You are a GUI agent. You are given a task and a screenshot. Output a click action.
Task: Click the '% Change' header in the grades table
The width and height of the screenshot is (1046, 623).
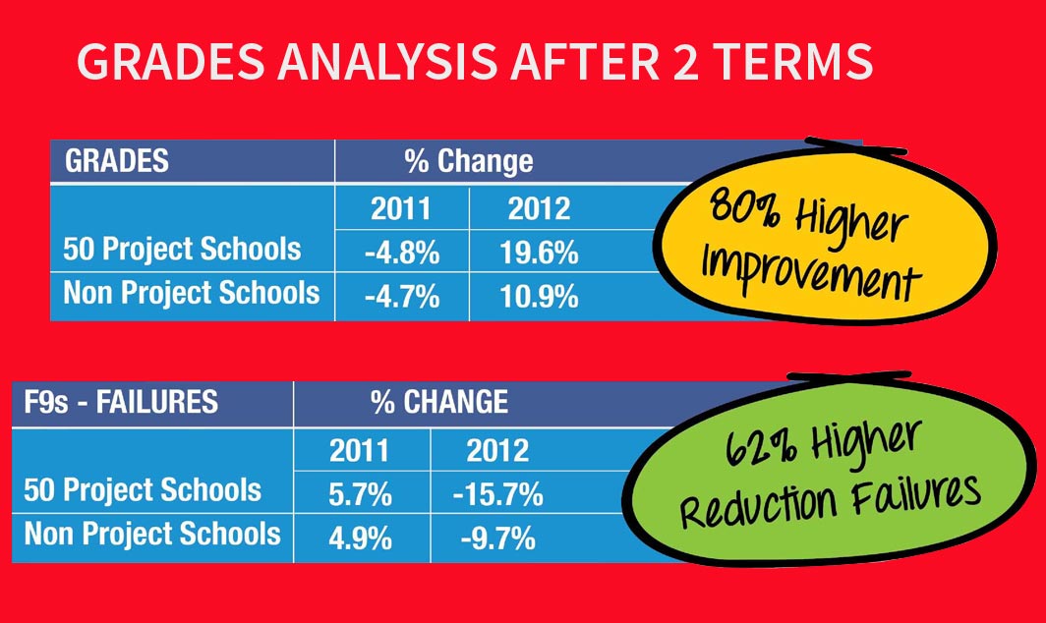(468, 161)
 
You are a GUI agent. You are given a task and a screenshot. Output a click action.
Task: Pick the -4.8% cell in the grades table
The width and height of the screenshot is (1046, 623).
(401, 254)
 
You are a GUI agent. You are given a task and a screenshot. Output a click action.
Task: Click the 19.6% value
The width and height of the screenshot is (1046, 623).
(539, 254)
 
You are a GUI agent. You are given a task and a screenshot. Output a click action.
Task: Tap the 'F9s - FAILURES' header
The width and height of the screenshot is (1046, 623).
(121, 402)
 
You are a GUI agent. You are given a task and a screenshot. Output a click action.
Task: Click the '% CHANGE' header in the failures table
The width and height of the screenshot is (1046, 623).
(438, 402)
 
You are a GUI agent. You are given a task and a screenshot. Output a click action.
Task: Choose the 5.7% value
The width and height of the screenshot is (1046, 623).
(360, 495)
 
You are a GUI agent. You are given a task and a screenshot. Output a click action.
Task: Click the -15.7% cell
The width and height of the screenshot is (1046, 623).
(497, 495)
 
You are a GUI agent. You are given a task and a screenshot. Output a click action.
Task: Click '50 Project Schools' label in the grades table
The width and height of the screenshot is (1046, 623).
(182, 250)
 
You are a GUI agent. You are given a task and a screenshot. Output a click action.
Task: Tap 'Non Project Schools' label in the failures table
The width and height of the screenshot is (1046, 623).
(152, 535)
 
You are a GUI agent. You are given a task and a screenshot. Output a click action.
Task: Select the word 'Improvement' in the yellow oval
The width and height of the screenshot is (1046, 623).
(810, 272)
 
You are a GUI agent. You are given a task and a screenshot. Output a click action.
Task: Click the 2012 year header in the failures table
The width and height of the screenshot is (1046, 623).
(497, 451)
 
